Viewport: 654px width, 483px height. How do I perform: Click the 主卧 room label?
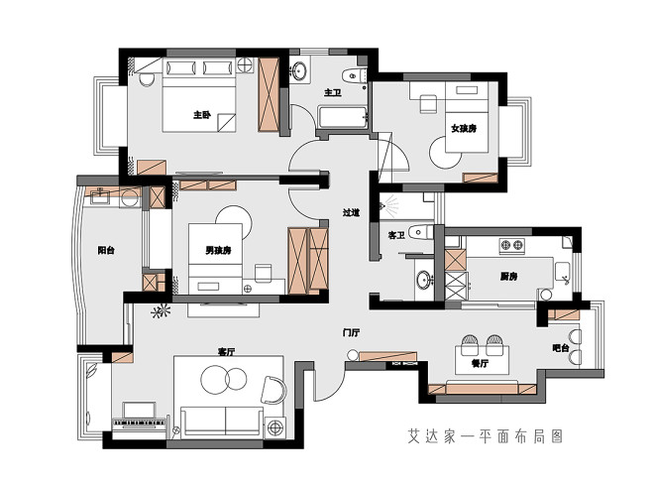pos(202,114)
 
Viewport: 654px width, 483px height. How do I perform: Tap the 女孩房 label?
pos(464,128)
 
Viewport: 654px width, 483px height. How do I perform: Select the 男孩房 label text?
pos(218,251)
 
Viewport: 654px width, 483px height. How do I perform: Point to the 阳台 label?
pos(106,251)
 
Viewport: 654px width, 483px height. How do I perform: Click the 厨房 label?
pos(509,277)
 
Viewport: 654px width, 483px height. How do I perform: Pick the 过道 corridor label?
pos(351,212)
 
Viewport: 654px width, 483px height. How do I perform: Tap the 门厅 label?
pos(351,332)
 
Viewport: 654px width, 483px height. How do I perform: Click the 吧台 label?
pos(561,348)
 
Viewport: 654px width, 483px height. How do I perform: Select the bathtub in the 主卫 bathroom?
pos(343,118)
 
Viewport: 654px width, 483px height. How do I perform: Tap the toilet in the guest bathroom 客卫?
pos(420,232)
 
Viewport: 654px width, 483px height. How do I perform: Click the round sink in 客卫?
pos(424,280)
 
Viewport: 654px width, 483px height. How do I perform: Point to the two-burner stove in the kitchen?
pos(512,245)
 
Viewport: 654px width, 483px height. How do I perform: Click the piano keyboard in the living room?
pos(140,423)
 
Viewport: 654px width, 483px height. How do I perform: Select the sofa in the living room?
pos(223,422)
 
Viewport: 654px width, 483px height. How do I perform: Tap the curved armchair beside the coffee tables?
pos(274,390)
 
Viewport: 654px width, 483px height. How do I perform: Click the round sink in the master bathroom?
pos(299,70)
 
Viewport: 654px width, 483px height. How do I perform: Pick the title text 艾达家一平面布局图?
pos(486,436)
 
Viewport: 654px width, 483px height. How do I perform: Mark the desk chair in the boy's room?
pos(264,273)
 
